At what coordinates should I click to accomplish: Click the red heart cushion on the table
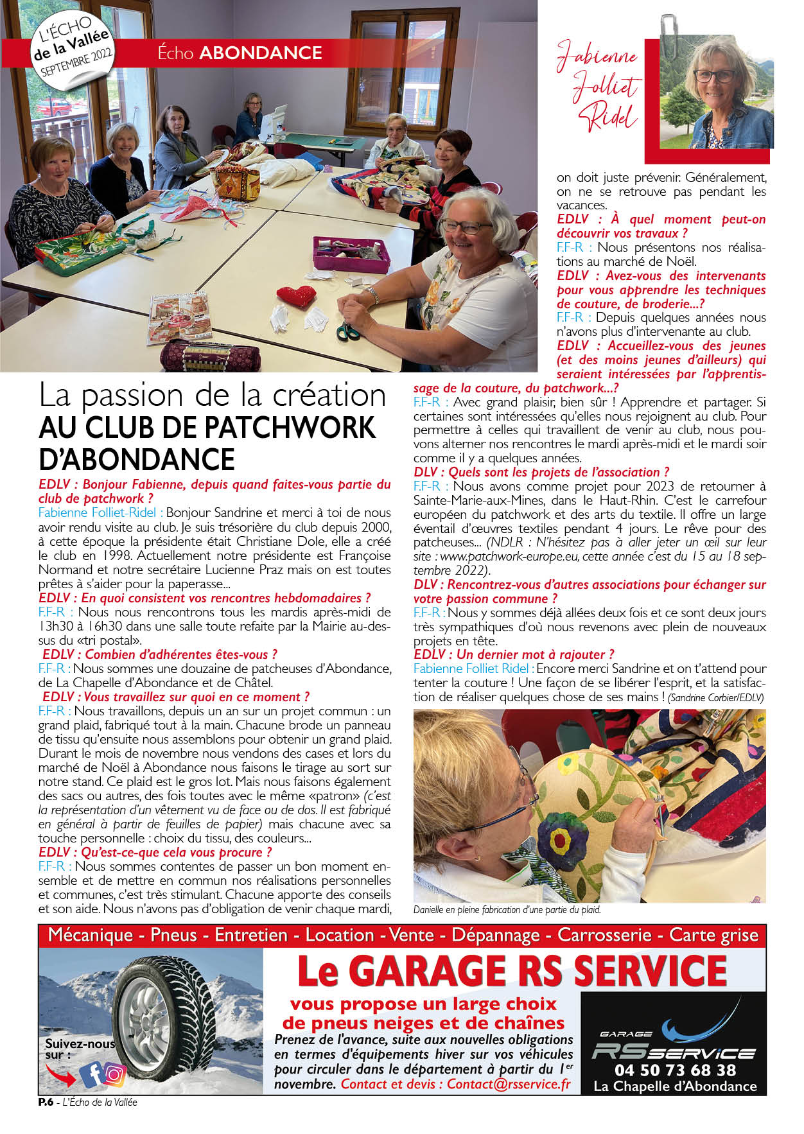tap(297, 296)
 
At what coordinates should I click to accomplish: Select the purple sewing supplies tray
tap(351, 254)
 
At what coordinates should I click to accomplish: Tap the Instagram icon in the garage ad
tap(115, 1074)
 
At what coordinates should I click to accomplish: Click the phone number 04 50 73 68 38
tap(675, 1070)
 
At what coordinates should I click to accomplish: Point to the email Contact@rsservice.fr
tap(509, 1084)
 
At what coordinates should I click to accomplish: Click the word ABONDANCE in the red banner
tap(261, 53)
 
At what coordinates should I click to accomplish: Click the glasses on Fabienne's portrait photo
tap(713, 76)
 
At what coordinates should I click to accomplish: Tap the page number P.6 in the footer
tap(45, 1103)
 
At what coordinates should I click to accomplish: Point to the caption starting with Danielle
tap(507, 910)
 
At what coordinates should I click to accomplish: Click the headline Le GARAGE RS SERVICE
tap(512, 972)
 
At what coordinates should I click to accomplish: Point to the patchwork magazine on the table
tap(179, 316)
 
